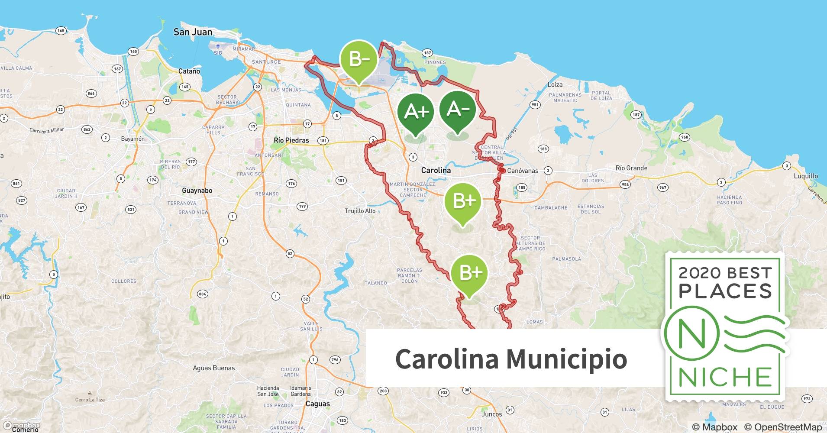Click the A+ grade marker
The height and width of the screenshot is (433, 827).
(x=416, y=112)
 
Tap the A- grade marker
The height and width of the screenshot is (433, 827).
(x=458, y=109)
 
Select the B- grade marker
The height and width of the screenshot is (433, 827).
(x=359, y=59)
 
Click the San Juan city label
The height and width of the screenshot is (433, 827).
(x=193, y=32)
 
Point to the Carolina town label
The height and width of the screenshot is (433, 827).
(x=436, y=170)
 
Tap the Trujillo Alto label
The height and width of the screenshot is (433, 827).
(x=360, y=211)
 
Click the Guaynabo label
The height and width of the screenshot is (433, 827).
(x=197, y=191)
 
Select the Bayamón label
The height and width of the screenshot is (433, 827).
(x=133, y=139)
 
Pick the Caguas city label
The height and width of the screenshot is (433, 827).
(x=317, y=404)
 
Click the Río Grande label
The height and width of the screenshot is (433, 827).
(x=631, y=168)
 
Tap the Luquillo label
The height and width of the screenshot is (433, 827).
(x=806, y=176)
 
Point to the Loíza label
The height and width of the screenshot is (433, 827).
(x=555, y=85)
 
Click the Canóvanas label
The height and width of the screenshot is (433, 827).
(x=523, y=171)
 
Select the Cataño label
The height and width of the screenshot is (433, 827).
(x=189, y=71)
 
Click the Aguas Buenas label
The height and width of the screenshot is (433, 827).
(x=214, y=368)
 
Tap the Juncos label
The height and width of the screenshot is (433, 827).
(x=492, y=414)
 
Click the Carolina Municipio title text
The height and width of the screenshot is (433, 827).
(x=511, y=359)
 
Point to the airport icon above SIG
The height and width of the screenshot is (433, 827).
(x=218, y=46)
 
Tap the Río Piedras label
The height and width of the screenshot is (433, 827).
(x=291, y=140)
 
